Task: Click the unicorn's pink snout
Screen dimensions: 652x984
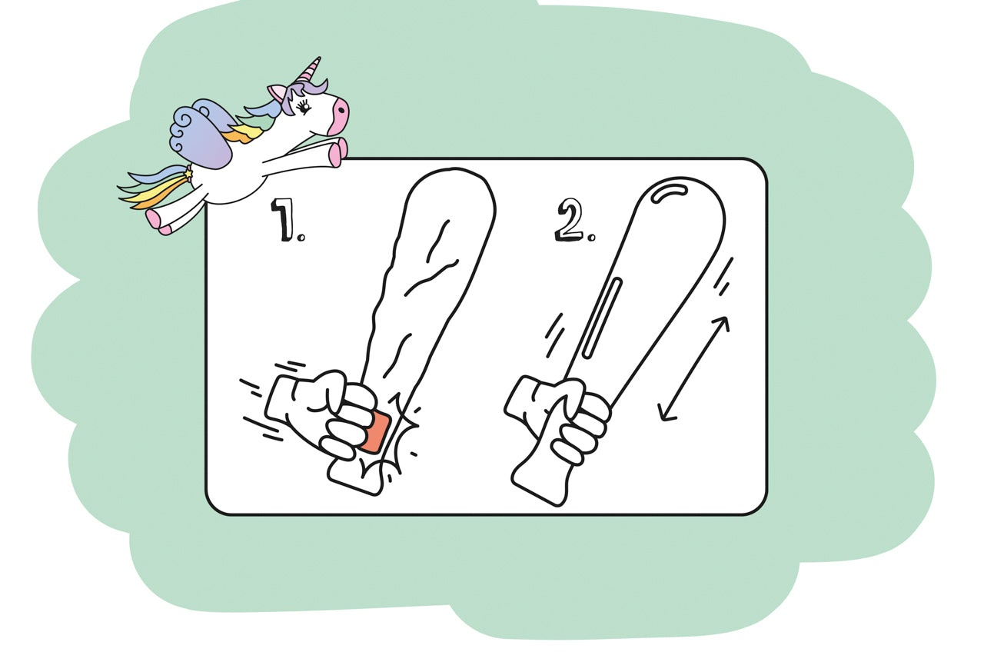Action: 338,115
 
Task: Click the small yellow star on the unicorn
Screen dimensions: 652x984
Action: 188,175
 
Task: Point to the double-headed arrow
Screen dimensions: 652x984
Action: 694,369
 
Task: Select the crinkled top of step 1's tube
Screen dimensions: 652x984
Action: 442,231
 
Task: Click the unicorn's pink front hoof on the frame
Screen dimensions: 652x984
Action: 337,154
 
